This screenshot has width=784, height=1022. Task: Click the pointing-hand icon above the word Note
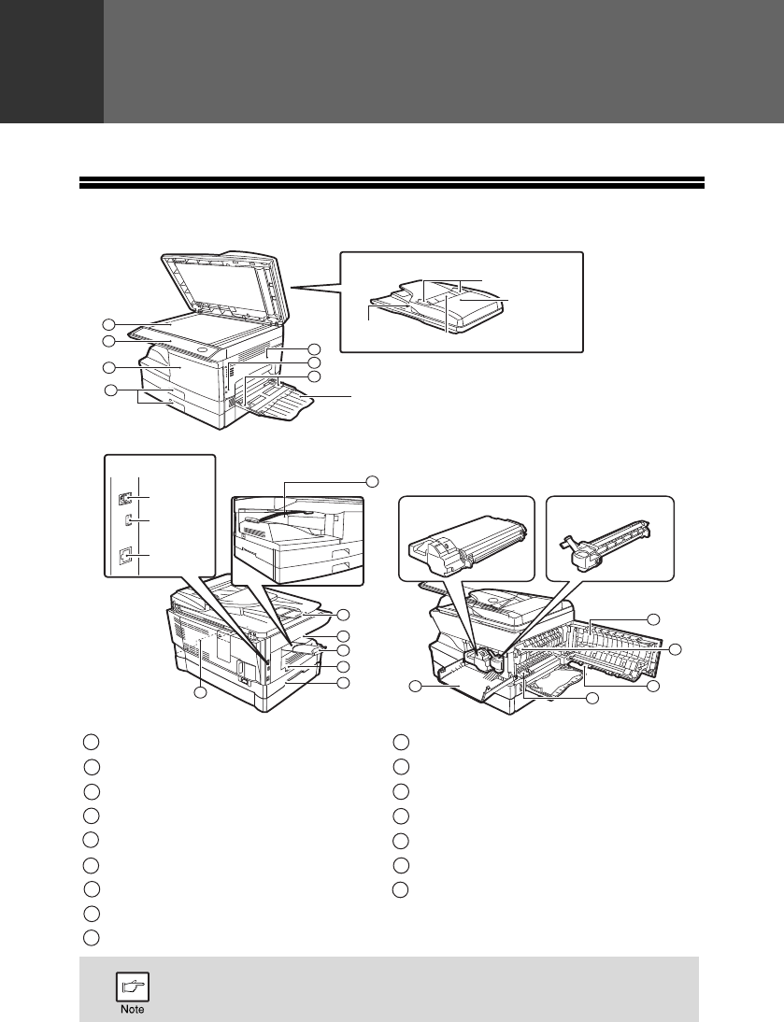point(133,987)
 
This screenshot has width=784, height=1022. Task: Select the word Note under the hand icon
point(133,1010)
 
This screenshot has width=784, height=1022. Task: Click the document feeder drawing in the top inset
point(436,305)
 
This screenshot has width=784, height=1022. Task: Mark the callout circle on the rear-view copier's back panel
point(201,693)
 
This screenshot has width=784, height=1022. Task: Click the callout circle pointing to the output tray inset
point(372,481)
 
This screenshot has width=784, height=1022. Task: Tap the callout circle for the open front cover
point(416,686)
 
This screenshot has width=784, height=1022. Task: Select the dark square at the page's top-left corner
point(51,62)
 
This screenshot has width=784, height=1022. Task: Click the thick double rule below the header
point(392,182)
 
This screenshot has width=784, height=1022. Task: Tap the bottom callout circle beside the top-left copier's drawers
point(111,391)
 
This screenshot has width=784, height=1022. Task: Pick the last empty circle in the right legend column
point(400,889)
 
